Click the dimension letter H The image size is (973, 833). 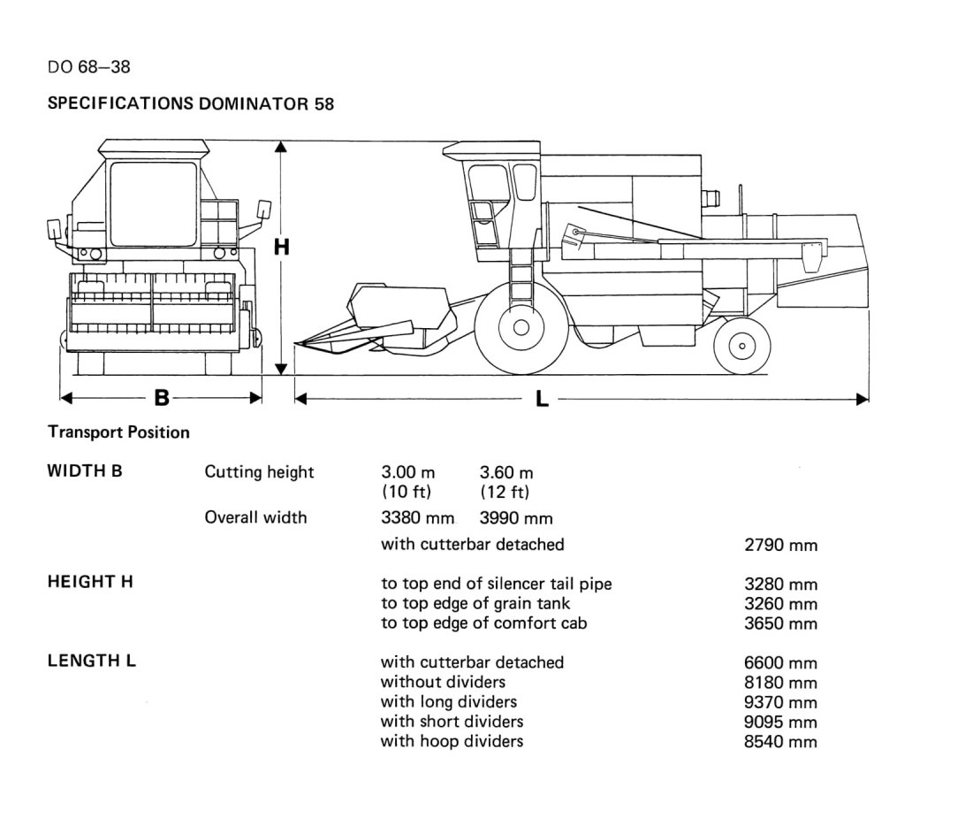(x=282, y=247)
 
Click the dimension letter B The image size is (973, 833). (x=162, y=397)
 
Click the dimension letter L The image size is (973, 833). (x=542, y=399)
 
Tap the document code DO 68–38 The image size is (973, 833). (x=88, y=67)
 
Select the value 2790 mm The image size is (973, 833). (x=780, y=545)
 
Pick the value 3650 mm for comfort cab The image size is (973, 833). (x=780, y=623)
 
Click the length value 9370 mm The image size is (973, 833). (x=780, y=702)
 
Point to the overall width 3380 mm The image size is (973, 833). (x=418, y=517)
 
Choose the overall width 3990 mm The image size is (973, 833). (x=516, y=517)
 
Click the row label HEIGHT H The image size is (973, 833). (x=90, y=582)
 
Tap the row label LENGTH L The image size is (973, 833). (x=91, y=661)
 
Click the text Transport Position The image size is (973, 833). (x=118, y=432)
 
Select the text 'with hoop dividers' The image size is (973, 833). (x=452, y=741)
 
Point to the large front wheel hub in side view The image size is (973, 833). (x=521, y=327)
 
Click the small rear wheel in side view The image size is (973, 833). (x=742, y=346)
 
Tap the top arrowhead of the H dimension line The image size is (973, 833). (x=281, y=147)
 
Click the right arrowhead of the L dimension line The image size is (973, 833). (x=863, y=399)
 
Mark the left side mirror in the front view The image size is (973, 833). (x=54, y=229)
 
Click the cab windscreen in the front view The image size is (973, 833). (x=153, y=203)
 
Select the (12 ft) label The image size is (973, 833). (x=505, y=493)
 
